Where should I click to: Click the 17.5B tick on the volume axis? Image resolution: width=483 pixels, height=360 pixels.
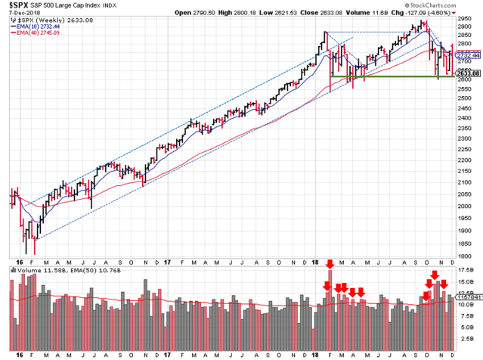(466, 269)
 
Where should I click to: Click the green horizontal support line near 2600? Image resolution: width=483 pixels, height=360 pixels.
(393, 76)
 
